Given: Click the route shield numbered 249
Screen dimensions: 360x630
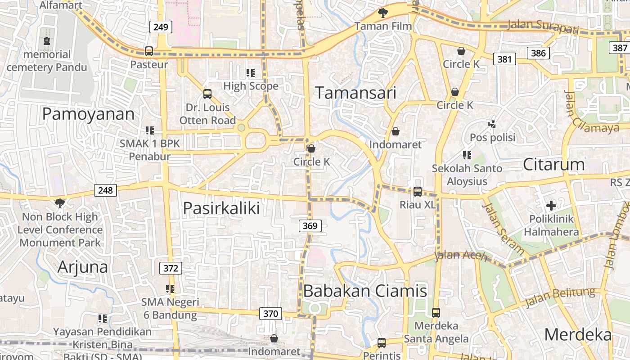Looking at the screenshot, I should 161,27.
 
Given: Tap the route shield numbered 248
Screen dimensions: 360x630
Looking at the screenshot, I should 106,190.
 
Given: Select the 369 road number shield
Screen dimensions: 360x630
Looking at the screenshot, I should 310,225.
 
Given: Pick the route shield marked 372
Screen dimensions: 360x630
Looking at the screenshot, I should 171,269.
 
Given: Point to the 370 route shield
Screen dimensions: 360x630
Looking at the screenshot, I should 270,313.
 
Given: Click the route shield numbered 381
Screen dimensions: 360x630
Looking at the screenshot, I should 504,58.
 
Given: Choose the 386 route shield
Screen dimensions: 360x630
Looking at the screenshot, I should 538,53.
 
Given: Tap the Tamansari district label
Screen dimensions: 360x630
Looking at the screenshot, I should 355,93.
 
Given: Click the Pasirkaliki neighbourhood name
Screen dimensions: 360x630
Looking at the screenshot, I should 221,208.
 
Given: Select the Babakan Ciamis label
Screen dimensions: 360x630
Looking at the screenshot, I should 365,291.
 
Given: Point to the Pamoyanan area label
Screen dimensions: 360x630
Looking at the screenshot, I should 88,114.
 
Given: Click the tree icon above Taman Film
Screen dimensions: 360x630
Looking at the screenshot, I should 383,13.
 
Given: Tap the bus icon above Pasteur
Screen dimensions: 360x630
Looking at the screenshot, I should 149,51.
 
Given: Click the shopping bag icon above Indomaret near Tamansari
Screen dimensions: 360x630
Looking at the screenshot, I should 395,131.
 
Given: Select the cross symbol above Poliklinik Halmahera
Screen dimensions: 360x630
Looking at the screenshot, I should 551,206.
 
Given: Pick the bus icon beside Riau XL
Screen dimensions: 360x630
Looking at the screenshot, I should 418,192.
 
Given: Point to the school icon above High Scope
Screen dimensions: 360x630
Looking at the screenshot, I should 251,72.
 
